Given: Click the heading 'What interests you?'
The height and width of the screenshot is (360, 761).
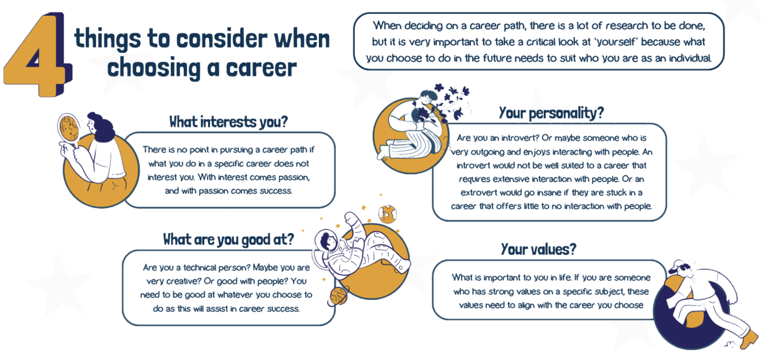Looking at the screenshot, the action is pyautogui.click(x=228, y=122).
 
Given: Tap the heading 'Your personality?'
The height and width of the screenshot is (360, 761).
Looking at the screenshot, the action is pyautogui.click(x=551, y=113).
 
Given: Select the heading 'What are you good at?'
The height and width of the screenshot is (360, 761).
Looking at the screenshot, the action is pyautogui.click(x=228, y=240).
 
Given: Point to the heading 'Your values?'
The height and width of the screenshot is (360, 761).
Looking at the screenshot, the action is pyautogui.click(x=538, y=249).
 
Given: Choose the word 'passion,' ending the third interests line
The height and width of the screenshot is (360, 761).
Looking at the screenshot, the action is pyautogui.click(x=294, y=177).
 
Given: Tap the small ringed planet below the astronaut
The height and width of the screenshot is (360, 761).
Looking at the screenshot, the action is pyautogui.click(x=338, y=297).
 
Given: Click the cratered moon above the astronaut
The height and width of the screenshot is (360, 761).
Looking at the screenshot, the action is pyautogui.click(x=388, y=214).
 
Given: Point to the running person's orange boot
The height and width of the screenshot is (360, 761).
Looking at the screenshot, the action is pyautogui.click(x=749, y=339).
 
